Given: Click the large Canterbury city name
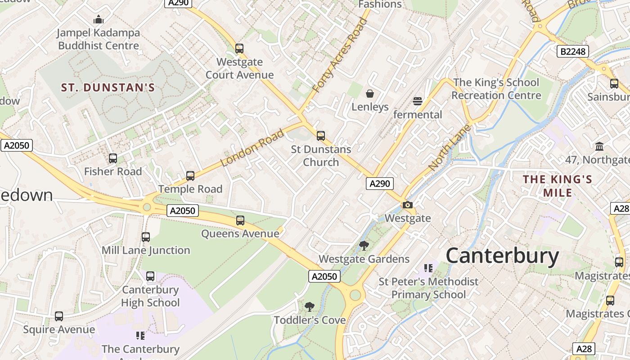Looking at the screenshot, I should (x=502, y=256).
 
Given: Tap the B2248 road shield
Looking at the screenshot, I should (x=573, y=51).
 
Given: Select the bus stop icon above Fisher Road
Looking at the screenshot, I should (x=113, y=158).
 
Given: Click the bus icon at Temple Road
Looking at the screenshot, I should (x=190, y=176).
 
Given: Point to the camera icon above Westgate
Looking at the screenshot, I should (x=408, y=205).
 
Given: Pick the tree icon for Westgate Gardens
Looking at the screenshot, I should (x=364, y=246).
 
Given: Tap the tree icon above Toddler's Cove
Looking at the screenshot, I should (x=309, y=307).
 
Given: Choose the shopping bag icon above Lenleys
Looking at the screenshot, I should (x=370, y=94).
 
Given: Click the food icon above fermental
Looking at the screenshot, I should (x=418, y=101).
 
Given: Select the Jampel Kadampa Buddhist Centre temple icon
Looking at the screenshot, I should (x=99, y=19).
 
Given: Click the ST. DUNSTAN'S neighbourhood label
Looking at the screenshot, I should (x=108, y=87).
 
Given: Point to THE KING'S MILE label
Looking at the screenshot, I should (x=558, y=186).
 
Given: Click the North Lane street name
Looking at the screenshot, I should (x=449, y=148).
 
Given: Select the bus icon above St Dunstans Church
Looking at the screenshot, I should (x=321, y=135).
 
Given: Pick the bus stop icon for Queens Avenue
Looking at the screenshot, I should (x=240, y=220).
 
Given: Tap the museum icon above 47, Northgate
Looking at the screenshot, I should (x=599, y=146).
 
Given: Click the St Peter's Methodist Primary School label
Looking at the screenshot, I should (x=428, y=288).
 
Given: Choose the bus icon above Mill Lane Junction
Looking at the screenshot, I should (x=146, y=237).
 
